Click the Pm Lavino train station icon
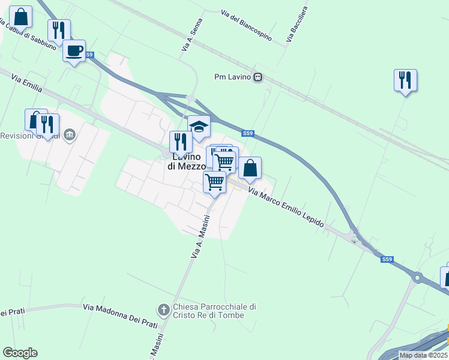tap(258, 77)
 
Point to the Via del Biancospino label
tap(246, 25)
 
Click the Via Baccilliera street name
tap(297, 24)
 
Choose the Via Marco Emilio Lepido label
tap(286, 209)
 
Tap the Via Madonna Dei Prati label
tap(120, 307)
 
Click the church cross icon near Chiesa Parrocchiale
tap(163, 310)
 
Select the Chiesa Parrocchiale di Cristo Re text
tap(214, 311)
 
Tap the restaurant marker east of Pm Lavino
tap(405, 80)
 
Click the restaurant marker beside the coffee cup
tap(59, 29)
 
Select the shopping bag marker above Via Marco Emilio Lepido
tap(250, 168)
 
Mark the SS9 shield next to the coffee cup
tap(89, 55)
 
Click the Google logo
tap(20, 353)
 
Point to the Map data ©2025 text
tap(423, 355)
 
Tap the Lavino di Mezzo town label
tap(187, 161)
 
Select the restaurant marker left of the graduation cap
tap(180, 142)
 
